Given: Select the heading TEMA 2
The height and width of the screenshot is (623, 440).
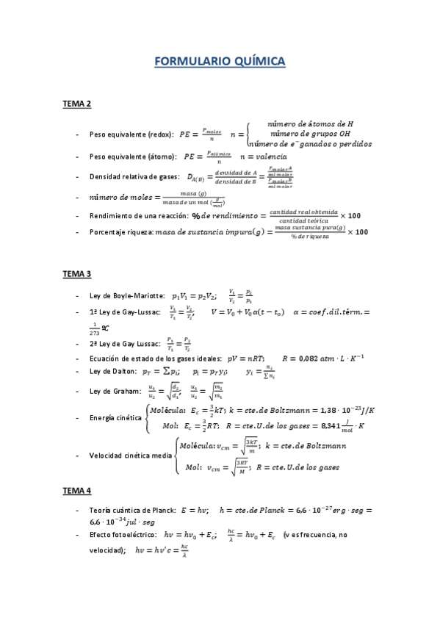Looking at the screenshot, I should point(76,105).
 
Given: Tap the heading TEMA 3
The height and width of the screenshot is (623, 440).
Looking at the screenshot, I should point(76,274).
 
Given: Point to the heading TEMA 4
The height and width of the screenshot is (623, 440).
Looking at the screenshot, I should point(76,489).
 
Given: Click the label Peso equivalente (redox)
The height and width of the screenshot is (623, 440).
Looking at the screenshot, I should point(131,135).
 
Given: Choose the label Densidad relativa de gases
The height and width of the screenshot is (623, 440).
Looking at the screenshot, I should point(133,177).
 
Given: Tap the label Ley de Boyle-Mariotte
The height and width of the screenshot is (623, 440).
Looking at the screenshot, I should point(126,295).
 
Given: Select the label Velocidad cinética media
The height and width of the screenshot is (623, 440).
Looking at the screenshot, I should point(131,455).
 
